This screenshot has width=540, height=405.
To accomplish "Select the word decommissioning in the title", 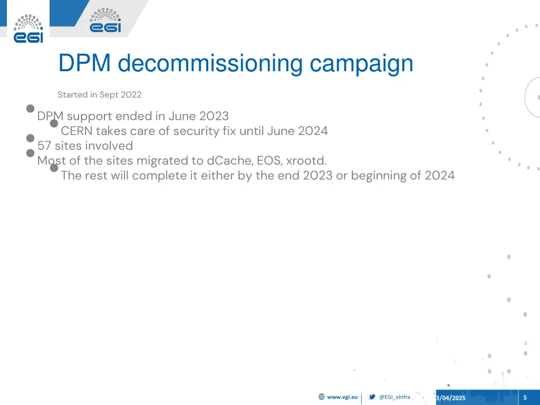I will (x=211, y=64).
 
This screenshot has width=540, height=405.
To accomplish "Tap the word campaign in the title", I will (x=362, y=64).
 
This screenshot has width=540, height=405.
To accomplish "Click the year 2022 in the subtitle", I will (x=131, y=95).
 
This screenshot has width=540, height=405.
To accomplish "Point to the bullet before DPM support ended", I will (x=31, y=109).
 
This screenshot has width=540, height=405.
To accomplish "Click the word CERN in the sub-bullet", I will (x=76, y=131).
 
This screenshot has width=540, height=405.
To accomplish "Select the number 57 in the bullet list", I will (x=44, y=146).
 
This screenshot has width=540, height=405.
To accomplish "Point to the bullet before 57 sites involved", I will (x=31, y=138).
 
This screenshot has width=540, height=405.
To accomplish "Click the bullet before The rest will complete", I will (x=54, y=168).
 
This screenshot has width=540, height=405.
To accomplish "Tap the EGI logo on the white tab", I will (x=28, y=28).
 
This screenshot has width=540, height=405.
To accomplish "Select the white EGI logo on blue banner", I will (x=105, y=21).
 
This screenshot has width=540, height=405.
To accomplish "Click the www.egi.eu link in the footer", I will (x=342, y=397).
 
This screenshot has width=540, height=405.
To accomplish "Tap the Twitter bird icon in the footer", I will (x=372, y=397).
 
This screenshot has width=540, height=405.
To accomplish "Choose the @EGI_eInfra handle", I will (x=394, y=397).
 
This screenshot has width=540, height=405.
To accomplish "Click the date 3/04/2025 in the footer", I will (x=451, y=398).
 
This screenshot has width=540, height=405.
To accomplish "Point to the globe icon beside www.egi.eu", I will (x=322, y=397).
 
